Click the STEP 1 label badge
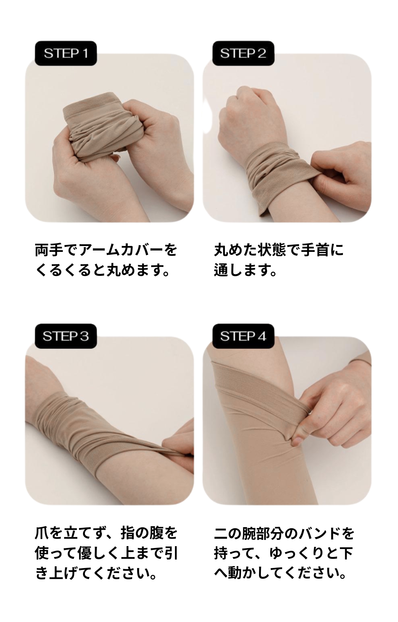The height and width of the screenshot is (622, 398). pyautogui.click(x=66, y=53)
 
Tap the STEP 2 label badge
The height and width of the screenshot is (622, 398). pyautogui.click(x=243, y=53)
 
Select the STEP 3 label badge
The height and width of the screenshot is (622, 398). pyautogui.click(x=66, y=336)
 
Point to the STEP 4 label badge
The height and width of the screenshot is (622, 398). pyautogui.click(x=243, y=336)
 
